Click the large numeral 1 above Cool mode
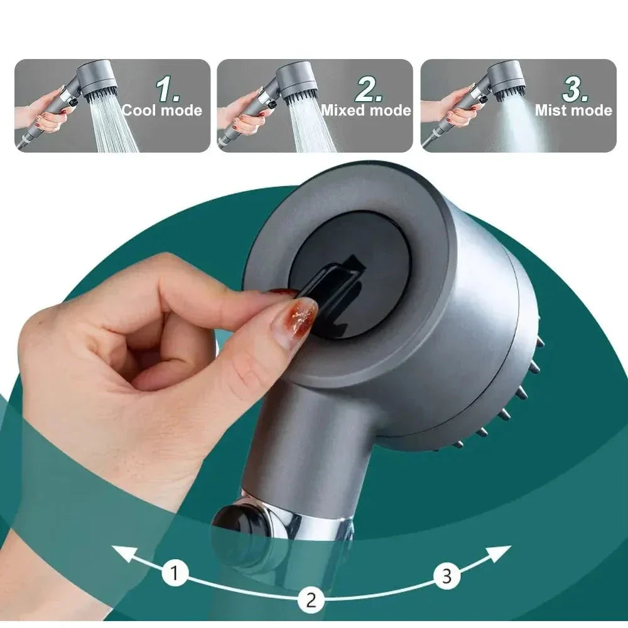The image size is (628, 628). pos(168,89)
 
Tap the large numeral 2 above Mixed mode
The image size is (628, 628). pos(369,89)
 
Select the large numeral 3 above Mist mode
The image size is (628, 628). pos(575,89)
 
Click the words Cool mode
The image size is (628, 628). pos(162,110)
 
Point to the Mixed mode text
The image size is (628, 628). pos(366,110)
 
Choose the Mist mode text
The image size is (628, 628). pos(573,110)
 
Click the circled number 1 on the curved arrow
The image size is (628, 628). pos(175,573)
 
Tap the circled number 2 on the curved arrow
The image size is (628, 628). pos(311,600)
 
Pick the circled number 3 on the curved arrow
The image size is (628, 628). pos(447,576)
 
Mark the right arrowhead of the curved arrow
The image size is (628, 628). pos(500,554)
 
